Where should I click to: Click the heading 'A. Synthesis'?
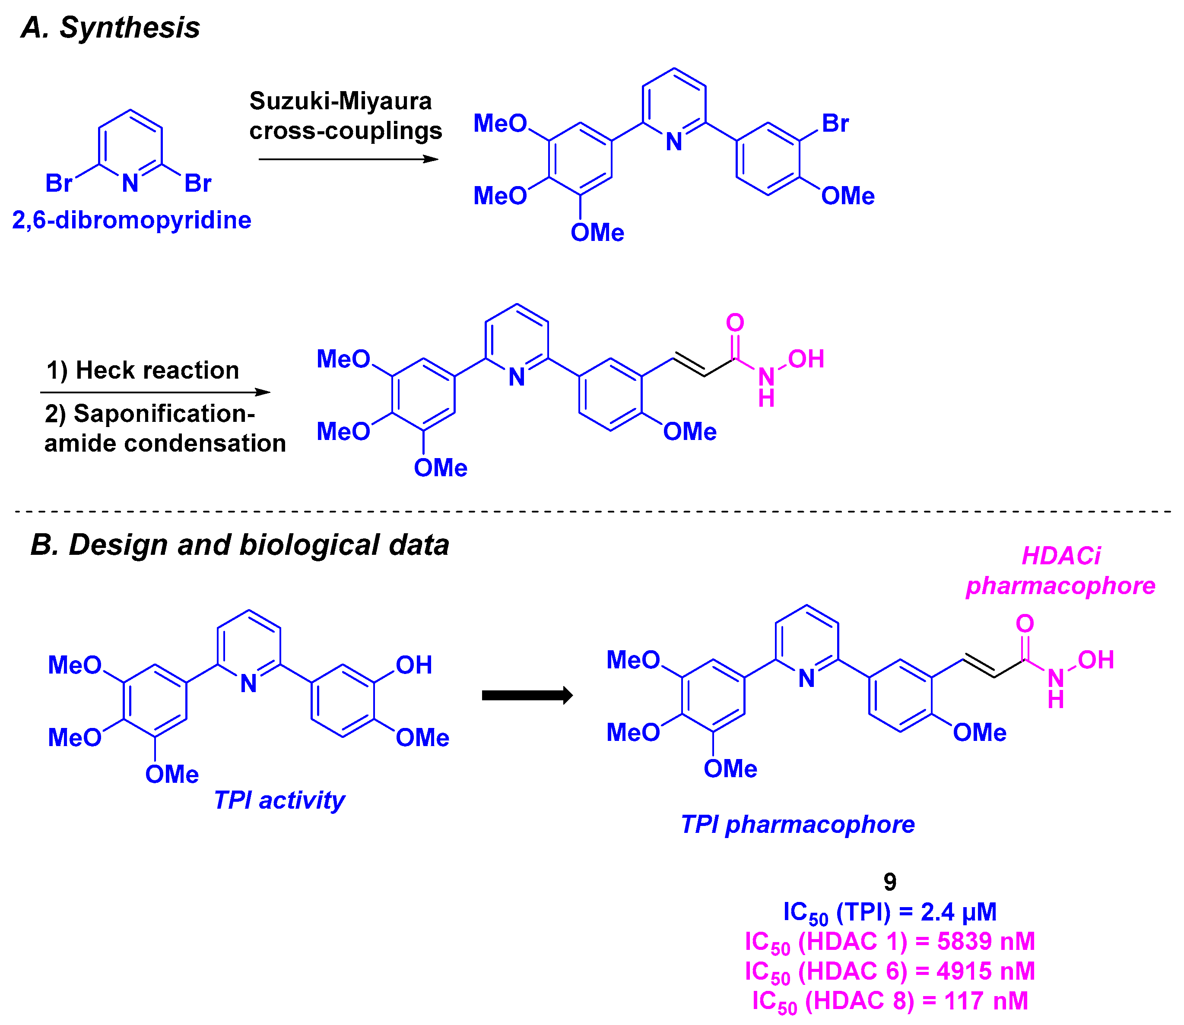(x=111, y=28)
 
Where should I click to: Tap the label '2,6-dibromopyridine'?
(x=132, y=220)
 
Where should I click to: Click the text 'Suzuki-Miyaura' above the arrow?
(x=340, y=101)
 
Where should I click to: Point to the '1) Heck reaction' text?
(x=143, y=370)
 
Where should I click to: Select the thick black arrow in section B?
(x=527, y=696)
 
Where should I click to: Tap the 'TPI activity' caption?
(x=279, y=800)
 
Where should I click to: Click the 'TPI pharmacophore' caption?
(x=797, y=824)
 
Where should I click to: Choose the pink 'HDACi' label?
(x=1060, y=555)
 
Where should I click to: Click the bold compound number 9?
(x=889, y=882)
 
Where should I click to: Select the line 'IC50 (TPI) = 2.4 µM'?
(x=889, y=912)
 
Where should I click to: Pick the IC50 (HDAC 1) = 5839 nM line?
(x=889, y=942)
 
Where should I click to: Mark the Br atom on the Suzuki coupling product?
(x=835, y=123)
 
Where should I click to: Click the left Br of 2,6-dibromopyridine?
(x=58, y=183)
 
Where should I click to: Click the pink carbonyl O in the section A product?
(x=735, y=323)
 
